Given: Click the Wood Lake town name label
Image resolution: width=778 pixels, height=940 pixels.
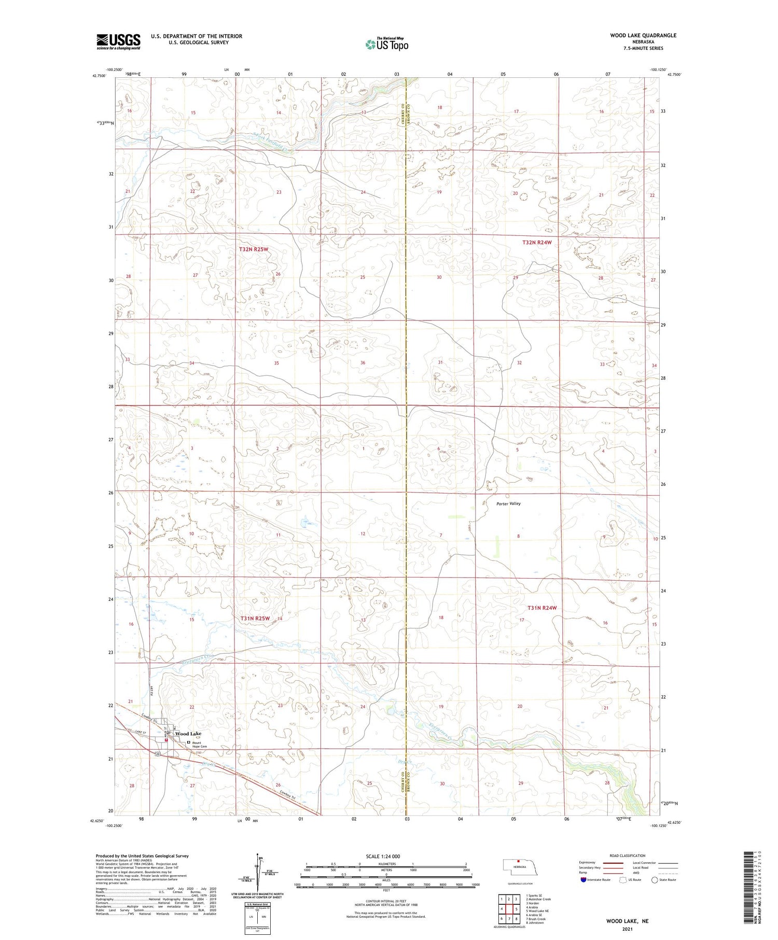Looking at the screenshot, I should (x=188, y=734).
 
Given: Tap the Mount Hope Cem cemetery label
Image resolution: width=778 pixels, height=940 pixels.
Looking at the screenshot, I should (x=200, y=744).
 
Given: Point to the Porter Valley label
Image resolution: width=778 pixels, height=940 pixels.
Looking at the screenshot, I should (x=508, y=503).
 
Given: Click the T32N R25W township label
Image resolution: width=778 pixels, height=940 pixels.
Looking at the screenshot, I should (x=254, y=249).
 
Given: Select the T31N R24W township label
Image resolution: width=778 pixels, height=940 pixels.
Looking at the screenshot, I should (x=542, y=608).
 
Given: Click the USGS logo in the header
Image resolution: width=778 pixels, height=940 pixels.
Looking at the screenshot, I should (x=118, y=41).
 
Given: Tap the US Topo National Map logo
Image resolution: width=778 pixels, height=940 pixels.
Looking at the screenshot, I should (x=386, y=45).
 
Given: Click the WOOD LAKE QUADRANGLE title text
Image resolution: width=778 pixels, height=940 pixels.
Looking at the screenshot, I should (x=643, y=35).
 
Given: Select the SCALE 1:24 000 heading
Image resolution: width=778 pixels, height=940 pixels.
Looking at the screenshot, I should (x=383, y=856).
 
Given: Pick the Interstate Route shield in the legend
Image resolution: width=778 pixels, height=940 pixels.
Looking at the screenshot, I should (x=584, y=879).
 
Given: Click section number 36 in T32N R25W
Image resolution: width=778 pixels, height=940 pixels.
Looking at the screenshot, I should (x=363, y=363).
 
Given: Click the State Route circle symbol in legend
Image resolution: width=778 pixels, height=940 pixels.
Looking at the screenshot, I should (x=655, y=879).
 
